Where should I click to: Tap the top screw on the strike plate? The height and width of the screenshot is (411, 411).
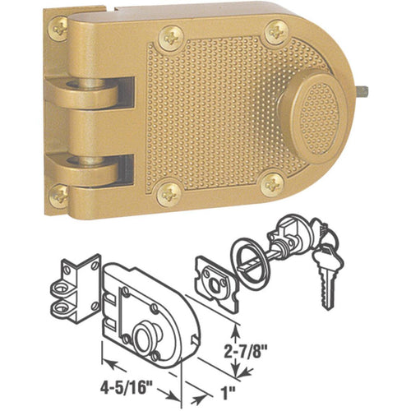(x=58, y=29)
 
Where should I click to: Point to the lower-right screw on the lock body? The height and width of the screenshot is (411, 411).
(x=271, y=186)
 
